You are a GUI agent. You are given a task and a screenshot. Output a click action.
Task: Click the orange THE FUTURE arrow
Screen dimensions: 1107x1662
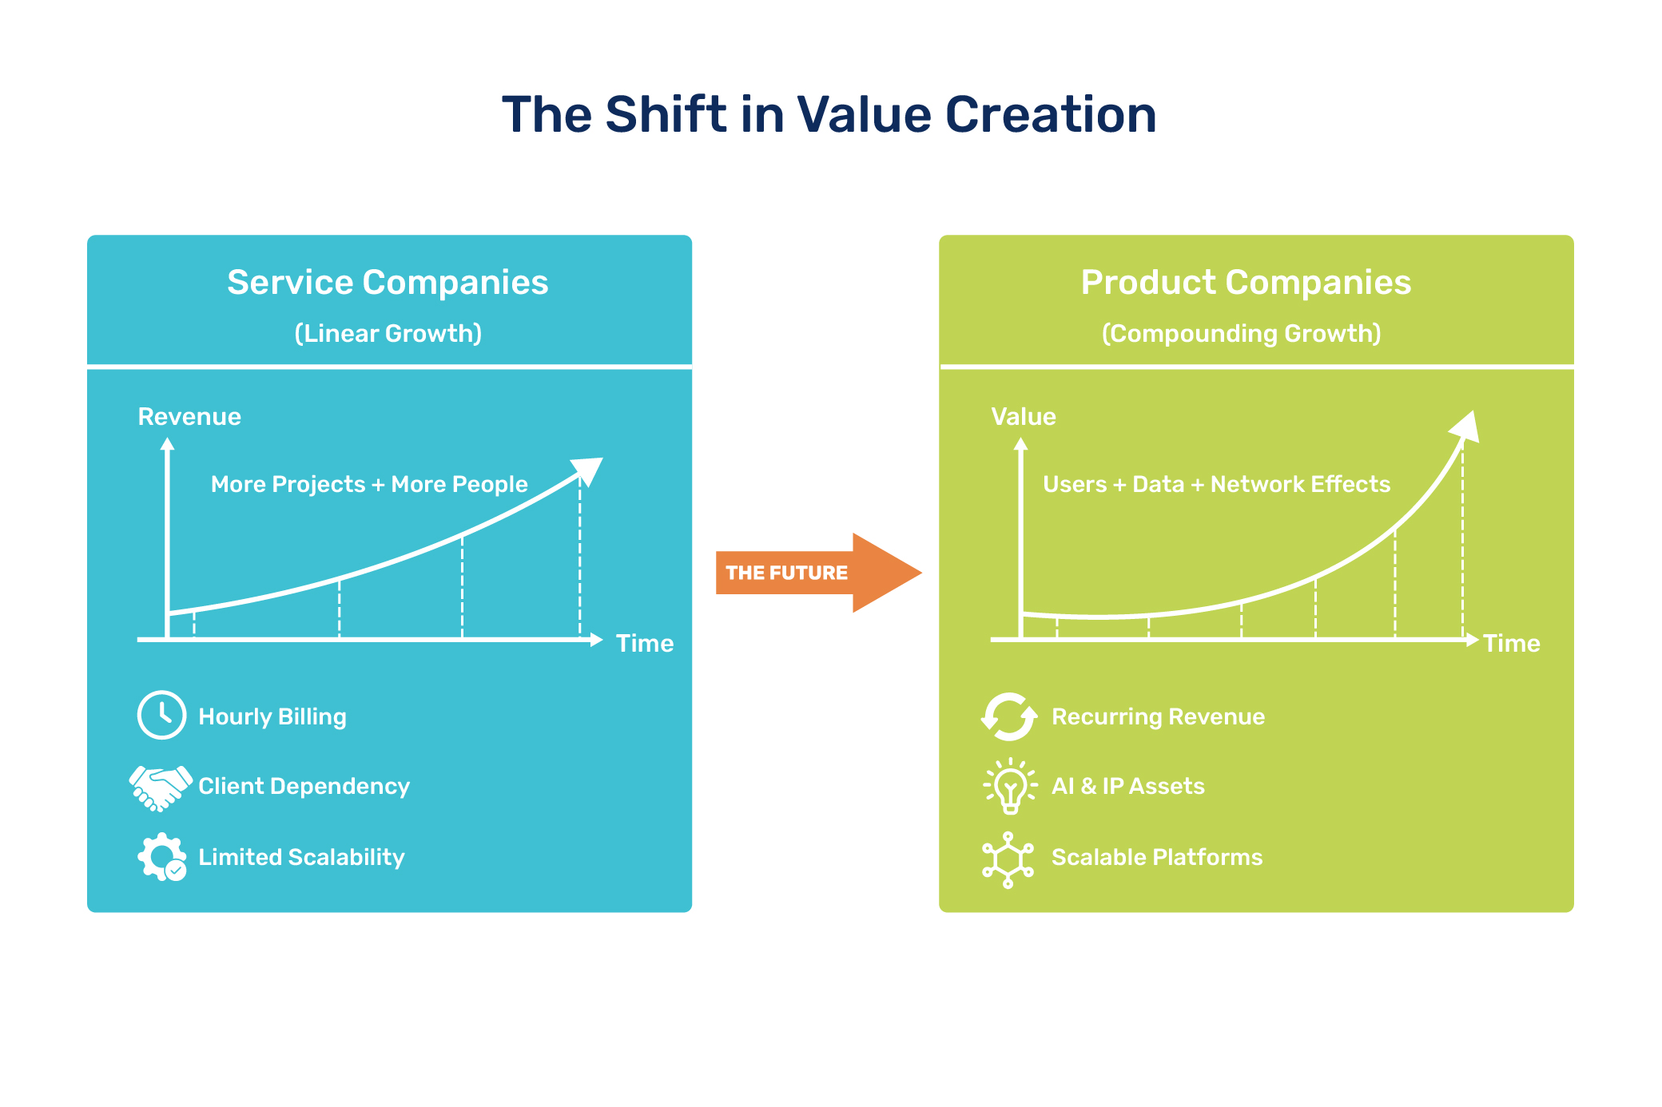(815, 573)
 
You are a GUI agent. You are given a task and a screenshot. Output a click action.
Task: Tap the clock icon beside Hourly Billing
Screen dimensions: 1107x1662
(161, 715)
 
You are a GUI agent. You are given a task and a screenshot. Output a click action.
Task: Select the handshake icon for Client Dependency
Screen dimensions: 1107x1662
(160, 788)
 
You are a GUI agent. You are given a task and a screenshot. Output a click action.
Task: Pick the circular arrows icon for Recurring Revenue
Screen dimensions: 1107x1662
(1008, 716)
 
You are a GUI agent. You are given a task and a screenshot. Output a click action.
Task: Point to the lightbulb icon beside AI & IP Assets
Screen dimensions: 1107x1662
(1010, 786)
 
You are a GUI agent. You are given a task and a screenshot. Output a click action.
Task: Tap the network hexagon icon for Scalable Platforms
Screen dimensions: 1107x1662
(1008, 859)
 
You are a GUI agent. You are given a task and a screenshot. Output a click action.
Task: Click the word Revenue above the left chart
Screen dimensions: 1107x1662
(189, 417)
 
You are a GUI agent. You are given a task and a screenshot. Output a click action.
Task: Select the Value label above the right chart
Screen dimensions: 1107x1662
(1023, 417)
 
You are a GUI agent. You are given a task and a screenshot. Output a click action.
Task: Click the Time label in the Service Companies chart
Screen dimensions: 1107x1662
(644, 644)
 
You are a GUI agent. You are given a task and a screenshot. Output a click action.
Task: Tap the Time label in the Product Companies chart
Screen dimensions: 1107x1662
(1511, 644)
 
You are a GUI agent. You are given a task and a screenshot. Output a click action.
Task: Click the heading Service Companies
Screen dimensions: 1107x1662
(388, 283)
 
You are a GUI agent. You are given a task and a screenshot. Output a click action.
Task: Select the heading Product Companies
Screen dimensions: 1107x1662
(1246, 283)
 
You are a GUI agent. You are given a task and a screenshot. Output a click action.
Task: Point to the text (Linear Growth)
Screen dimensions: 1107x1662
(388, 334)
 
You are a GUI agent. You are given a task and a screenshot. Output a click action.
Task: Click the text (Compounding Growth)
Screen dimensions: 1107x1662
(1241, 334)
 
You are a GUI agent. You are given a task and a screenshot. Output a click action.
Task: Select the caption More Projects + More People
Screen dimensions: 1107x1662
(369, 485)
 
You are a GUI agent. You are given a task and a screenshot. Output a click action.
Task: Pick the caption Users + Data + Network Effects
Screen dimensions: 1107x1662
(1216, 485)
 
